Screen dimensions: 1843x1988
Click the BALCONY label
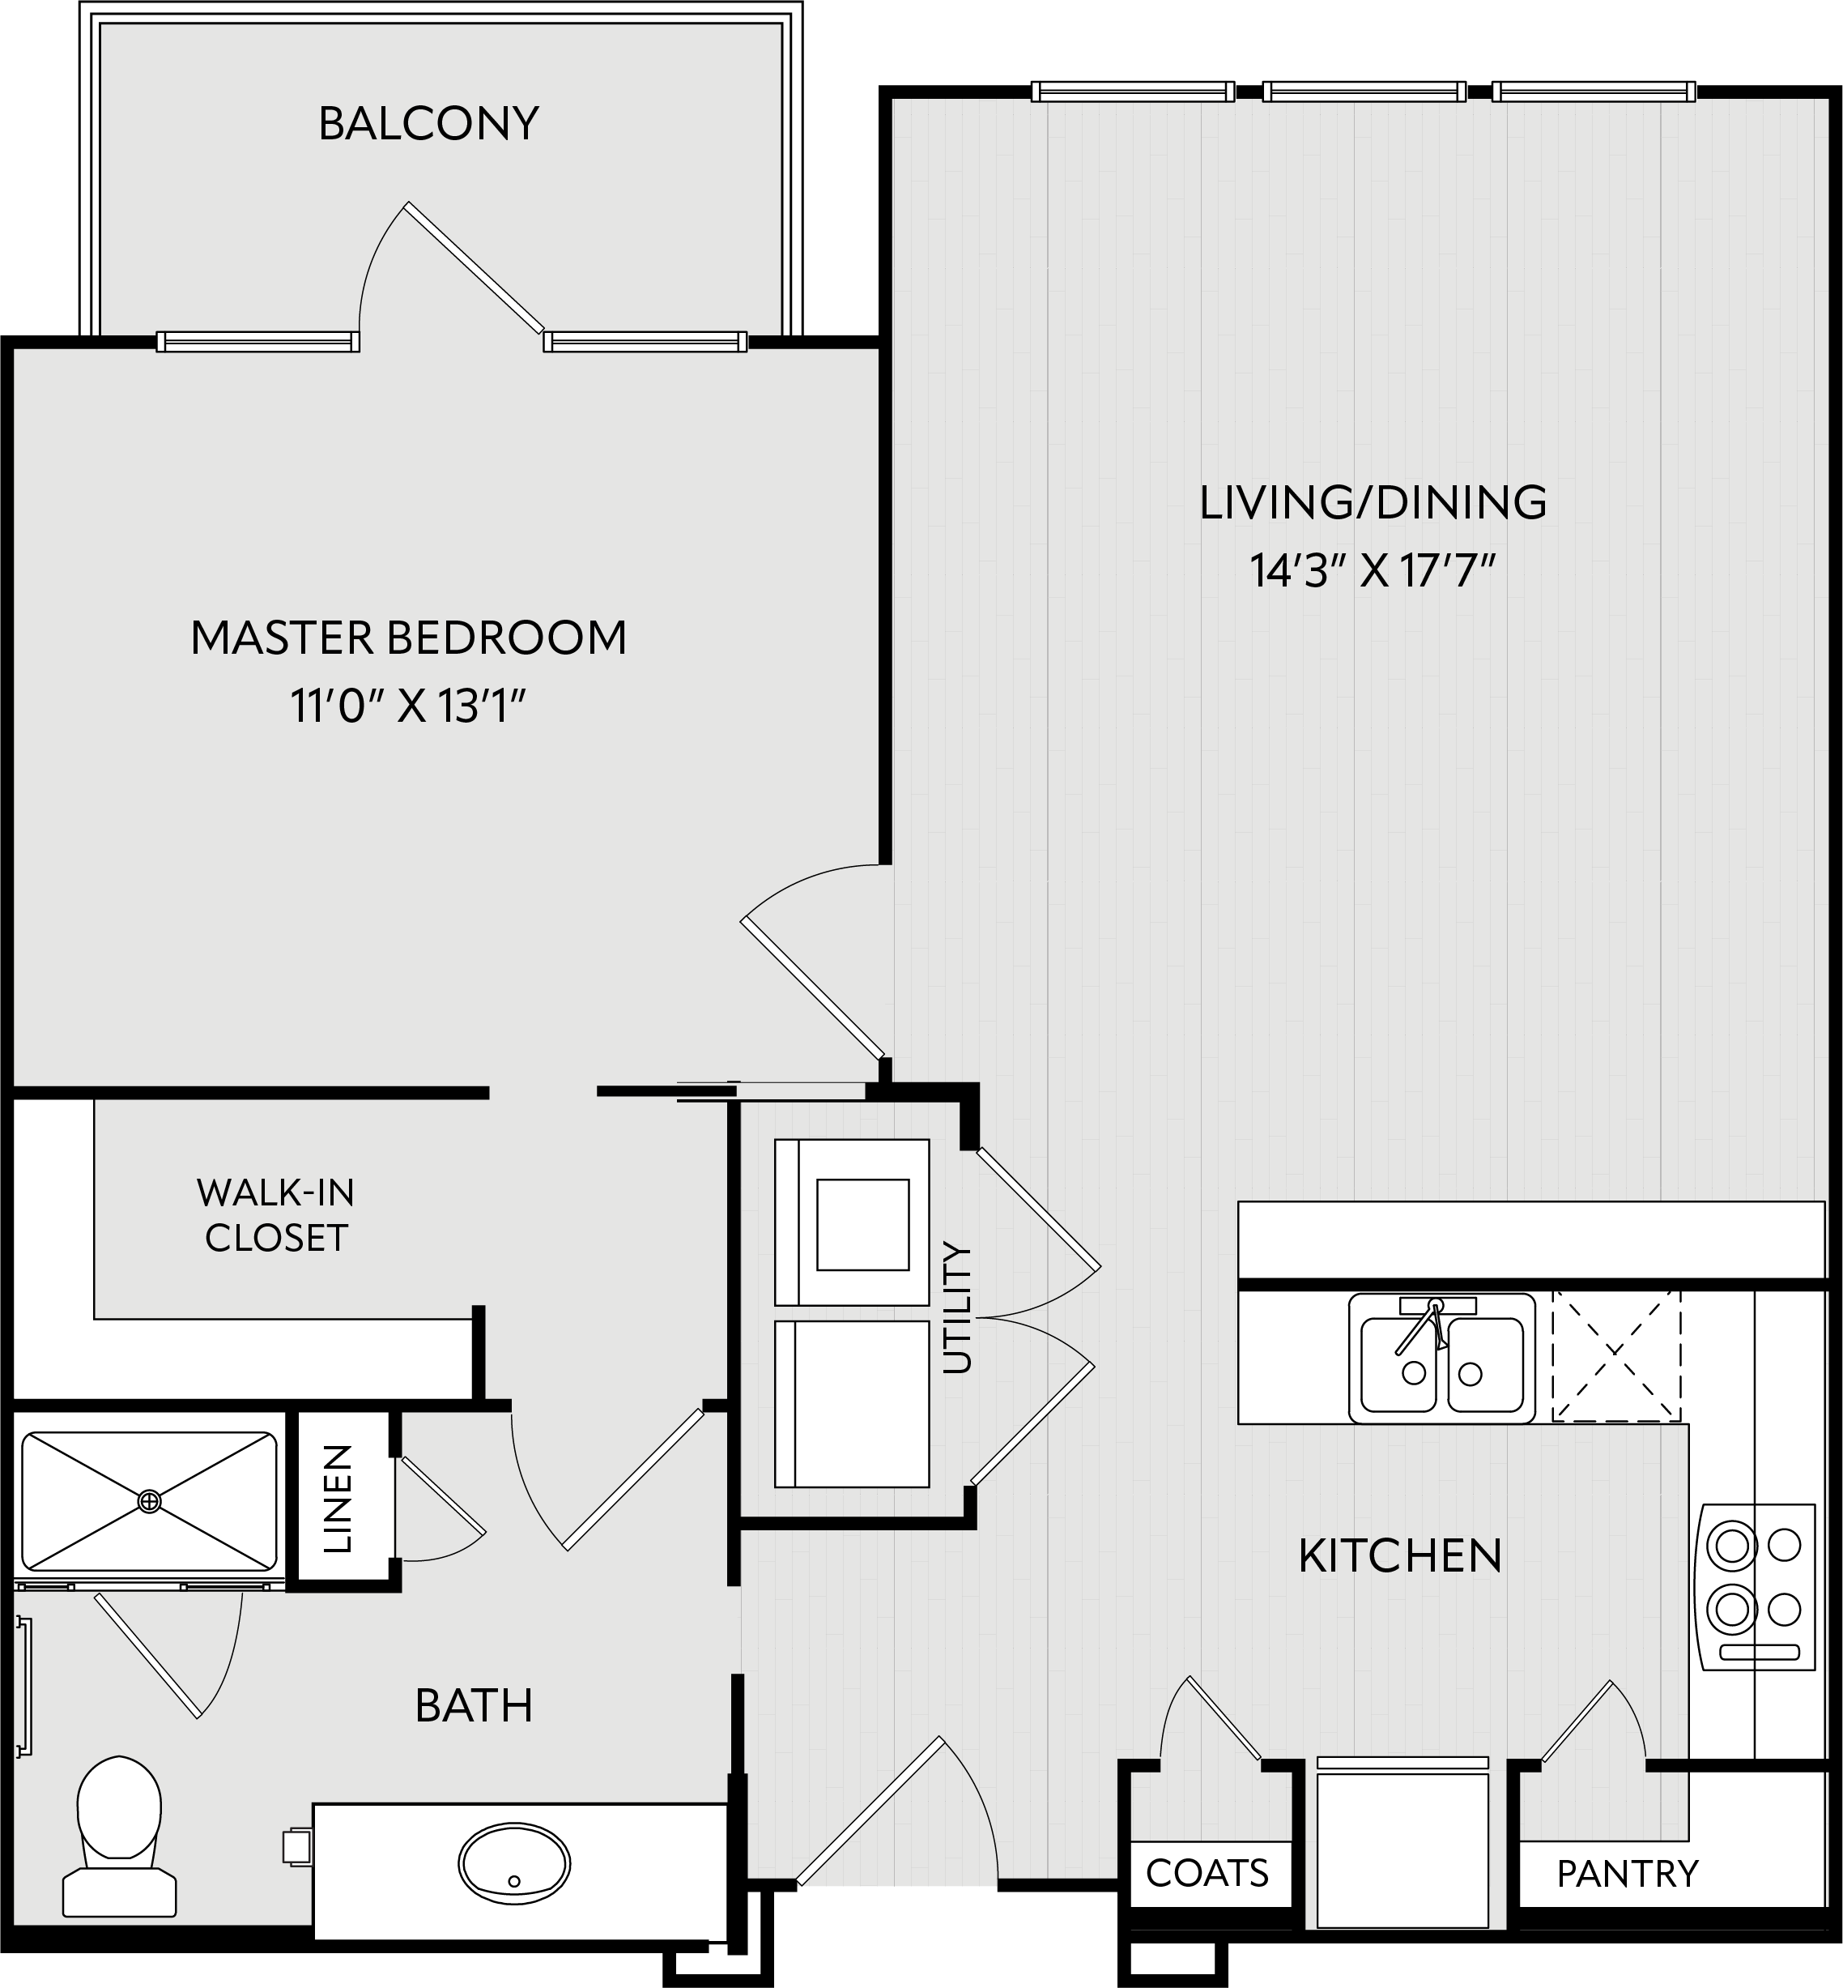429,124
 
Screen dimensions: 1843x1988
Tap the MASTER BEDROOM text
409,638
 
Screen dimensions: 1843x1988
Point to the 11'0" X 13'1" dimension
408,706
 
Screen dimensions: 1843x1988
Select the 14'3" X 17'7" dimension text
1373,572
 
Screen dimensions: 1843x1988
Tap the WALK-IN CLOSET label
276,1214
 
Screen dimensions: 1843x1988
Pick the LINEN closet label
339,1500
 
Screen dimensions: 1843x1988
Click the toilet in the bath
120,1837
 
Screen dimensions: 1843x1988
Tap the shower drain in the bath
149,1500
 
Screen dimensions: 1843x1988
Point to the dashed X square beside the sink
1616,1354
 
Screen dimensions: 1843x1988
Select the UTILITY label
956,1308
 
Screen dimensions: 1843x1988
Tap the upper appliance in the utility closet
852,1223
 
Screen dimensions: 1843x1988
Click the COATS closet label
1207,1873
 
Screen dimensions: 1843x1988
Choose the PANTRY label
1628,1875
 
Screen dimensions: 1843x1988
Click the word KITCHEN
1400,1556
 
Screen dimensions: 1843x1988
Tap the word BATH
474,1706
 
